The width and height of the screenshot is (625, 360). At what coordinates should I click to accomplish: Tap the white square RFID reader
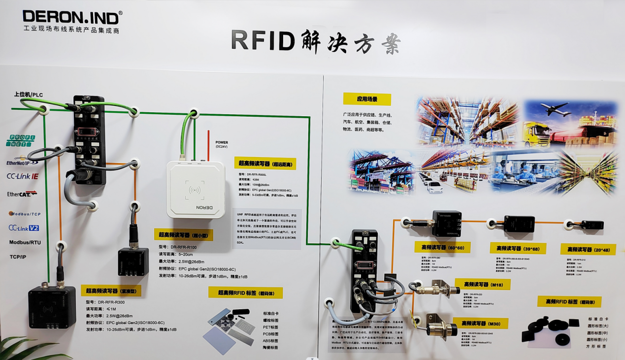tap(196, 189)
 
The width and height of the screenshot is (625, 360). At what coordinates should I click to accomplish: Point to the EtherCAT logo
tap(22, 194)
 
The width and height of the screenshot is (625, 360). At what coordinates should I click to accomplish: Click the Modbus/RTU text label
tap(25, 242)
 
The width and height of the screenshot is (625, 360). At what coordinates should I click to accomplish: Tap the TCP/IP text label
tap(18, 257)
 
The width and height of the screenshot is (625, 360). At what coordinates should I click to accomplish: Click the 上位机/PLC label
tap(29, 94)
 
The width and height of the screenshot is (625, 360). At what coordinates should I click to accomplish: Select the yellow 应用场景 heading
tap(367, 99)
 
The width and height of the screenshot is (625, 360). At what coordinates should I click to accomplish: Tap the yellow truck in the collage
tap(536, 134)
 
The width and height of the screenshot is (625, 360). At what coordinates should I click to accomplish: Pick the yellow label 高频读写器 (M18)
tap(482, 284)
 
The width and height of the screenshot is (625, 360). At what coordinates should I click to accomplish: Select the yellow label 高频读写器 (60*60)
tap(442, 247)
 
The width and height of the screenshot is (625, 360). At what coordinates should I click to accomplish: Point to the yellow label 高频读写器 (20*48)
tap(588, 249)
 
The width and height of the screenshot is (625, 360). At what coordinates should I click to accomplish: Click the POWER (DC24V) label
tap(222, 144)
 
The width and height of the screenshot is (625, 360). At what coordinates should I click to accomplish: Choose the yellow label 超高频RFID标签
tap(245, 293)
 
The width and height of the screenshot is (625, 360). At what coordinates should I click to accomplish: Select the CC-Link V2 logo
tap(24, 228)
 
